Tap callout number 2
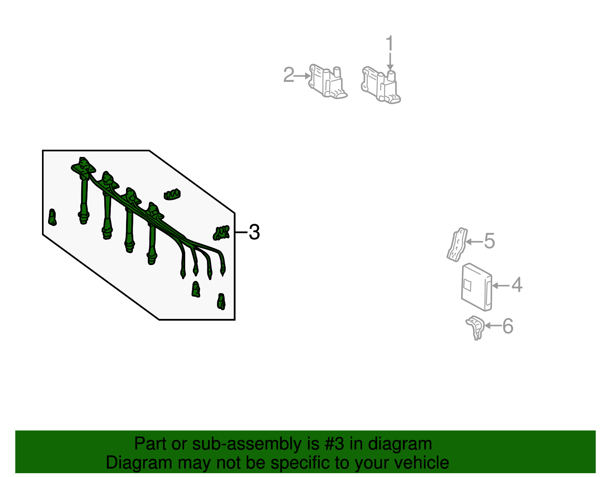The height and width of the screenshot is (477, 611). pos(289,75)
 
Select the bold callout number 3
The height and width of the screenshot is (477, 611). pos(254,232)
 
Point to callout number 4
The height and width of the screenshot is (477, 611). pos(517,285)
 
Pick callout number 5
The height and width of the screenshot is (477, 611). pos(489,241)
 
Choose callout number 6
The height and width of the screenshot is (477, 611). pos(508,326)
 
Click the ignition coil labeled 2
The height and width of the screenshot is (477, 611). pos(327,82)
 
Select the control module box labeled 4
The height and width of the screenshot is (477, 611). pos(476,287)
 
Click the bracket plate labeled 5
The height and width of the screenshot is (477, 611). pos(457,245)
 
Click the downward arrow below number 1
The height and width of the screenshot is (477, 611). pos(390,62)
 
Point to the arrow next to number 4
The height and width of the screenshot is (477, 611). pos(500,285)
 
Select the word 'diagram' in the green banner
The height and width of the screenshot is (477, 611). pos(400,444)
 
